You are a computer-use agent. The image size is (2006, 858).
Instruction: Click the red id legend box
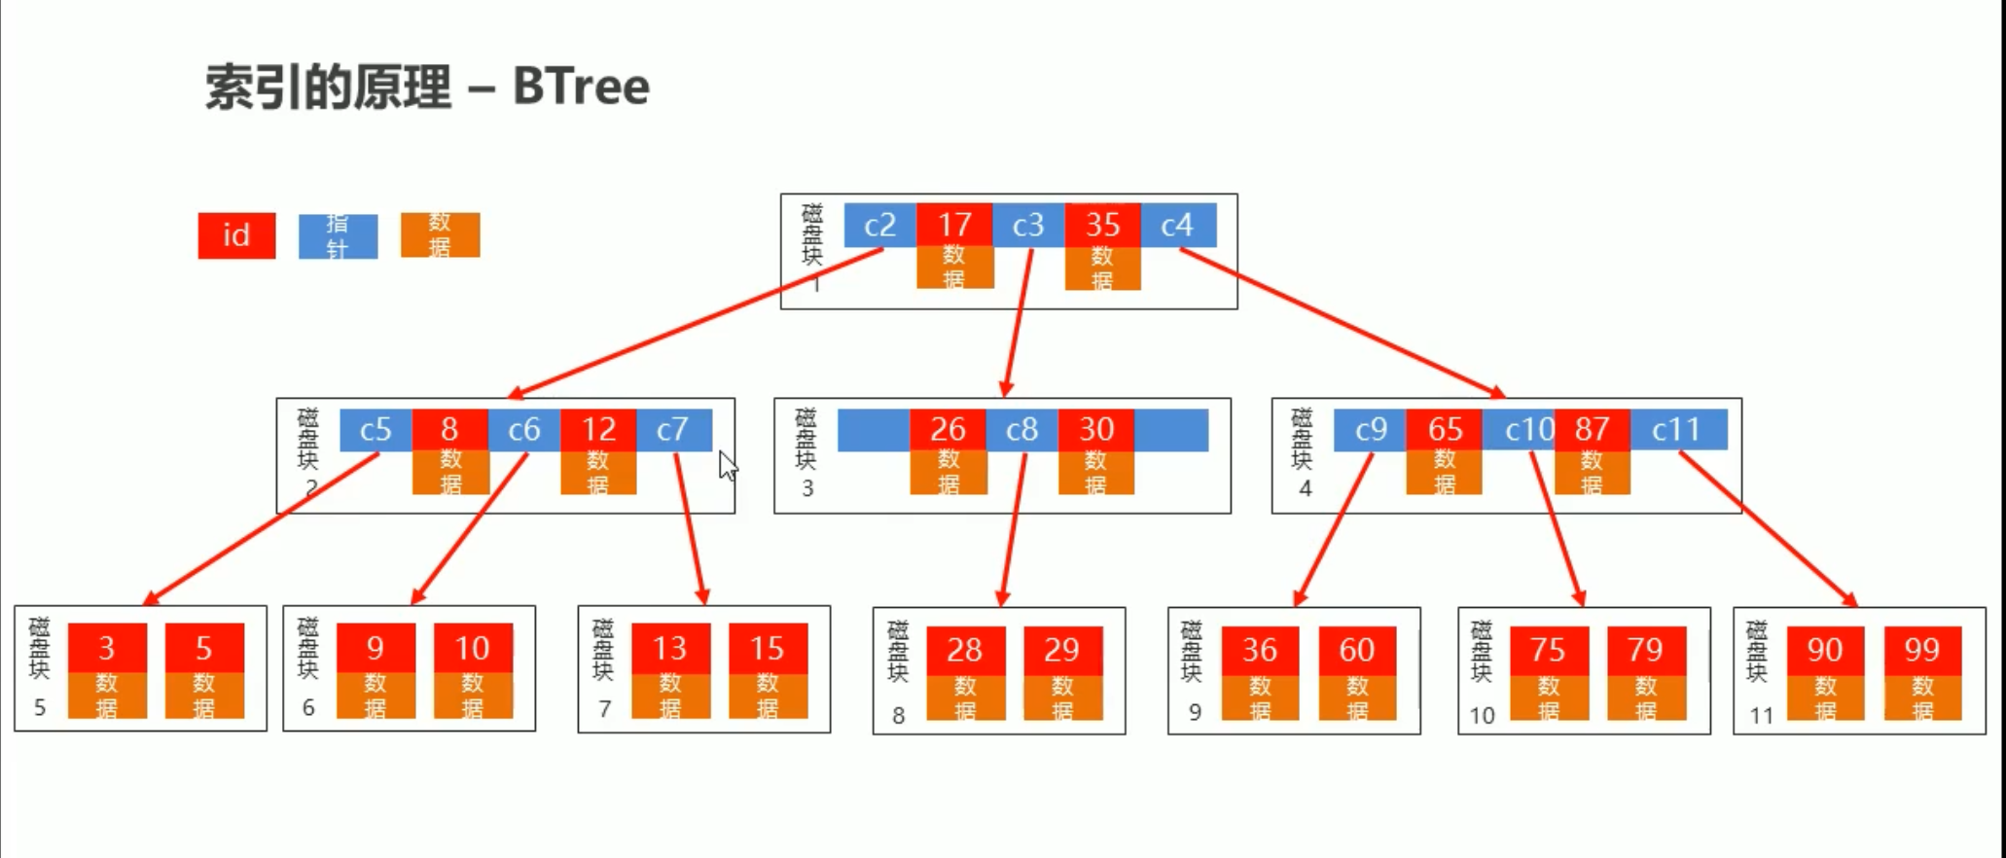point(236,235)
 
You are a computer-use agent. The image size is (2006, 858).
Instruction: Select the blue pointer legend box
point(338,235)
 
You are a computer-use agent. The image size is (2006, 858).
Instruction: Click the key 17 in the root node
point(954,226)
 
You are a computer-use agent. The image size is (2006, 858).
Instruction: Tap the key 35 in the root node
point(1102,226)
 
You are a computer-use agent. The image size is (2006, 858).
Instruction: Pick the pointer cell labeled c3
point(1028,226)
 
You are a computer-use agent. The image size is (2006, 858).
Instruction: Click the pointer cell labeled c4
point(1177,226)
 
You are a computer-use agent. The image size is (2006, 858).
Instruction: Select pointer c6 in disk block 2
point(523,429)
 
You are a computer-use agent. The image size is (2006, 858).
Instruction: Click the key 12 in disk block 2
point(598,429)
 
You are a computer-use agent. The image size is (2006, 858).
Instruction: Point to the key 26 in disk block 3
point(948,429)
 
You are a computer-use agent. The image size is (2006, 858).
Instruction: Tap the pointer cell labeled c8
point(1021,429)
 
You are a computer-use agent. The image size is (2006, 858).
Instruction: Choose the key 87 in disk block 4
point(1592,429)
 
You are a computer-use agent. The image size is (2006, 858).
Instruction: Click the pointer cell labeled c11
point(1676,429)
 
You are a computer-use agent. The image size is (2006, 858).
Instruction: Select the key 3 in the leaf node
point(107,648)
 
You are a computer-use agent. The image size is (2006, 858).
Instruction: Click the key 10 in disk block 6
point(473,648)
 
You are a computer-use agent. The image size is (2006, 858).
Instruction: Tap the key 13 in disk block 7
point(669,648)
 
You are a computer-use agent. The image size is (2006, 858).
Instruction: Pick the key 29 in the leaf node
point(1062,650)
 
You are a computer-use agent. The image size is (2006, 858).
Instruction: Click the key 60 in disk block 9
point(1357,650)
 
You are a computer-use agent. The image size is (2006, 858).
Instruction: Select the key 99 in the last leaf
point(1922,650)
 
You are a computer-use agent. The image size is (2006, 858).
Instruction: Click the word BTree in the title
point(581,87)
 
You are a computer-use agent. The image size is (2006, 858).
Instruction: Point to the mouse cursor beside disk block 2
point(728,465)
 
